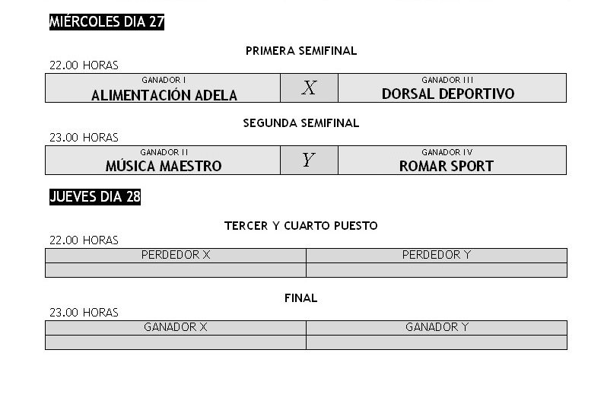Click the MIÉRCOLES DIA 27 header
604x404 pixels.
click(106, 22)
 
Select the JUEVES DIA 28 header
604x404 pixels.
click(95, 197)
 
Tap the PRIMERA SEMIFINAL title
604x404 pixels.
click(301, 51)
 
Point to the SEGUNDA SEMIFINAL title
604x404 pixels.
click(301, 122)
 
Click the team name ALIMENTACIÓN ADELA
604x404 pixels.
click(164, 95)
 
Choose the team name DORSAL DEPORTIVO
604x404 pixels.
click(448, 94)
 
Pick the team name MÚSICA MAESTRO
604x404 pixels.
click(164, 166)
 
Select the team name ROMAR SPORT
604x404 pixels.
click(447, 166)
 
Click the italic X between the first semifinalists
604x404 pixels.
click(309, 88)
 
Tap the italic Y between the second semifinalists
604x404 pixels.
click(308, 160)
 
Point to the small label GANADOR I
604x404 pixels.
click(164, 80)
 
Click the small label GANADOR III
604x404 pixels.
click(447, 80)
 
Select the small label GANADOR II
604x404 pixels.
click(164, 152)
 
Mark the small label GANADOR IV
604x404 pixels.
click(447, 152)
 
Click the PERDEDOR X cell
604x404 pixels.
click(176, 255)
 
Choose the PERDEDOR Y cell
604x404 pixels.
click(437, 255)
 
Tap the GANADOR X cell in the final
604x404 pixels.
click(176, 327)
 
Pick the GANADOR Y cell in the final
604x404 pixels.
click(437, 327)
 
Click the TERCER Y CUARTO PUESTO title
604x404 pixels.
click(301, 226)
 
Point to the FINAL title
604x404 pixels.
click(301, 298)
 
